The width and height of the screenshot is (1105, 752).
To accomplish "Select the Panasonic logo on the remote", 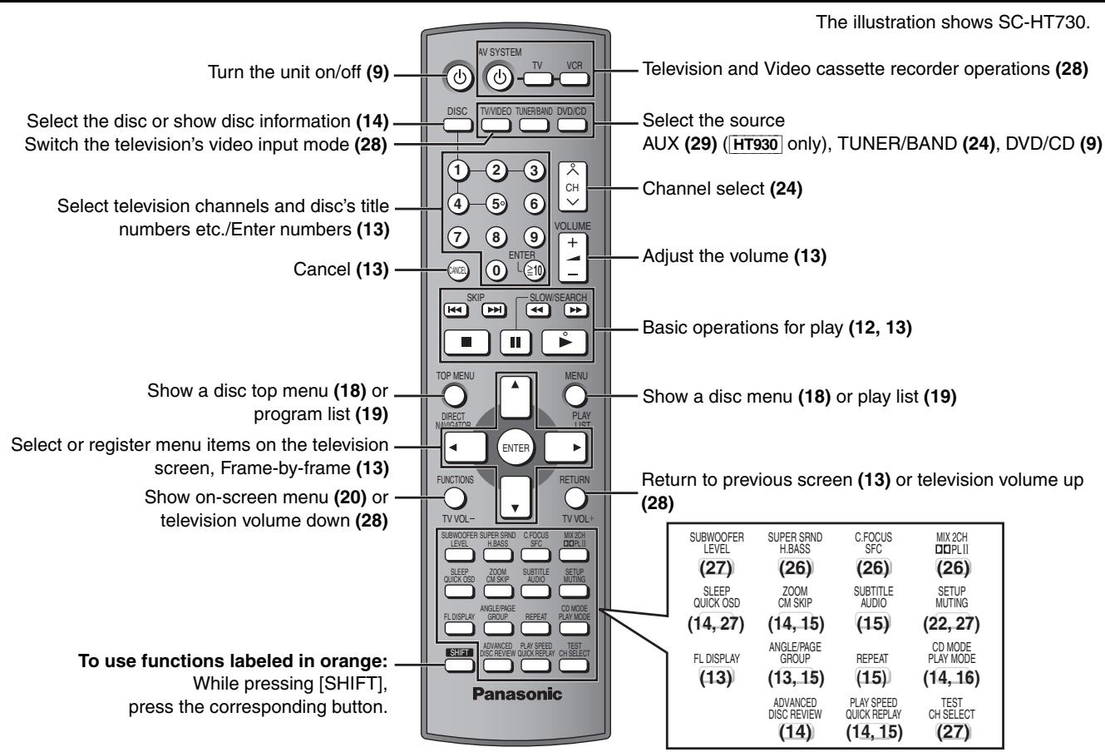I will point(516,694).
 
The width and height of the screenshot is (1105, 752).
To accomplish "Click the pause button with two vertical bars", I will point(515,342).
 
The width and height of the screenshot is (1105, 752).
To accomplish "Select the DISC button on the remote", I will point(456,126).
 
